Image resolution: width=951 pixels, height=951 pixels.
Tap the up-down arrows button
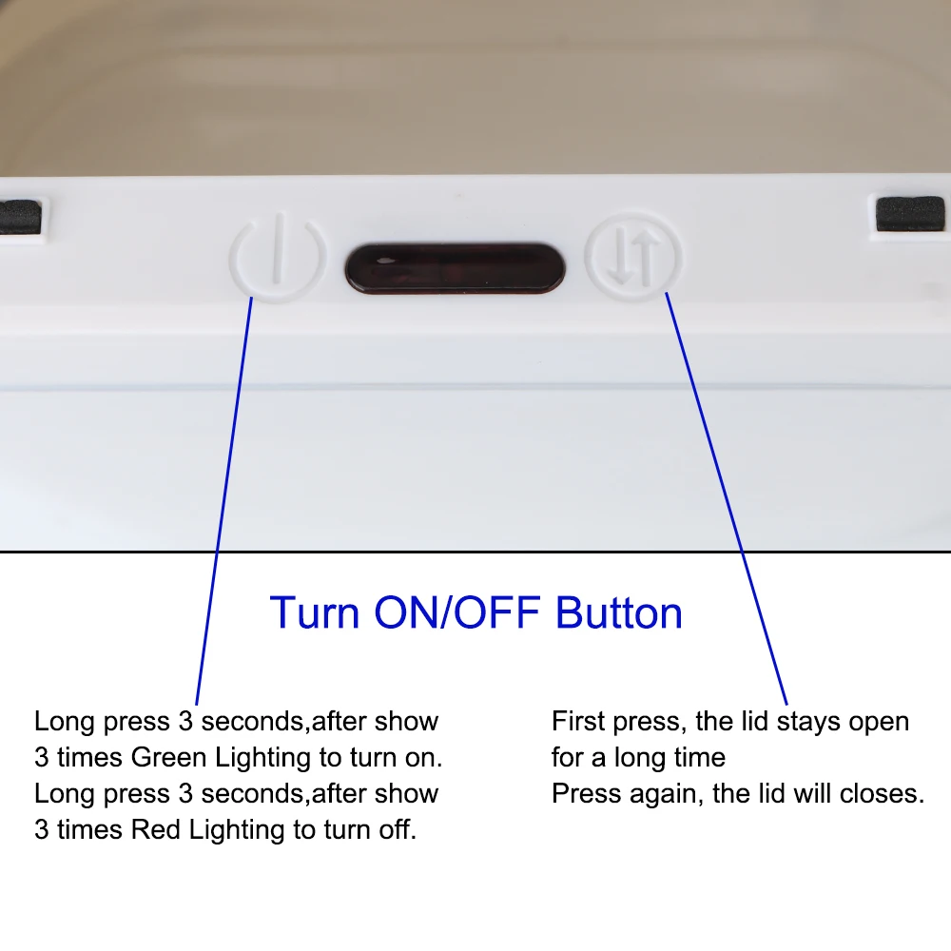633,257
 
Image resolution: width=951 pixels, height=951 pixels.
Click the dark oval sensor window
455,268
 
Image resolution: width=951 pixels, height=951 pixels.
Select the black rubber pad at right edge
910,213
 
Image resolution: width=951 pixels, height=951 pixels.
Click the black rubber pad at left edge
20,217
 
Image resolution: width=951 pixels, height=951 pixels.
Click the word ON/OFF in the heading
457,612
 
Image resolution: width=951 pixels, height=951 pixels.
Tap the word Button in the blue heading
619,612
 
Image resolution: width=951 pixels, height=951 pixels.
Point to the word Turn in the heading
315,612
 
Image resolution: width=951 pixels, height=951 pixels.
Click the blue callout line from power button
223,501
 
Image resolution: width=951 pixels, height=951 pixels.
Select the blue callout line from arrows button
727,498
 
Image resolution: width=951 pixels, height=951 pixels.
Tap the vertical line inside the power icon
279,248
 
